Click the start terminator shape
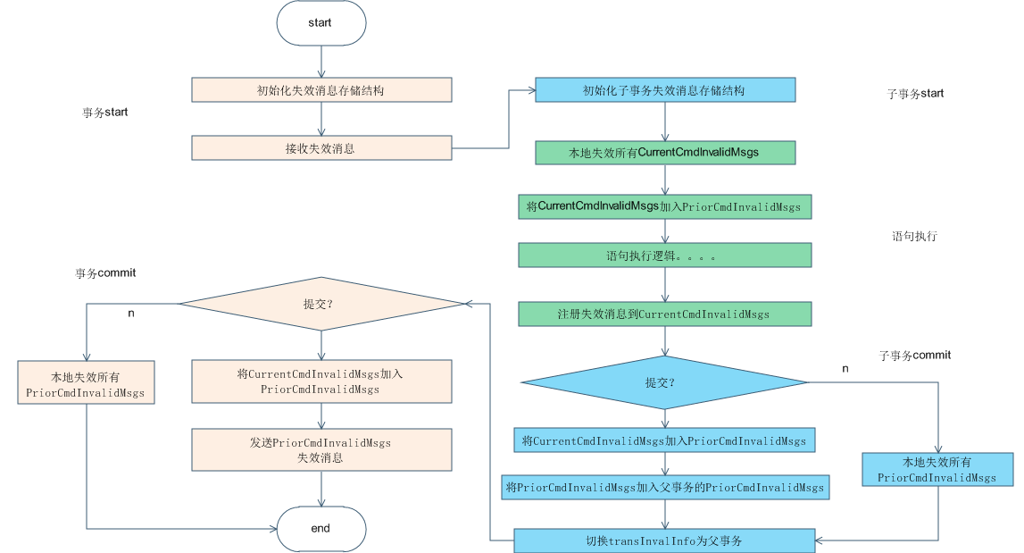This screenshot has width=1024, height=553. (x=321, y=23)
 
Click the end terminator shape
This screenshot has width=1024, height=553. (x=321, y=528)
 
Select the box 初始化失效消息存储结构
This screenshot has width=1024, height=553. (x=321, y=89)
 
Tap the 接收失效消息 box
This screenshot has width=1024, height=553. (x=321, y=148)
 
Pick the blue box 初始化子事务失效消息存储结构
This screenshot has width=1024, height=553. (x=664, y=90)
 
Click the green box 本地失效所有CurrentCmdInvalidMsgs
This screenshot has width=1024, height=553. (x=664, y=152)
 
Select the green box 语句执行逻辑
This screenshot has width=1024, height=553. (x=664, y=256)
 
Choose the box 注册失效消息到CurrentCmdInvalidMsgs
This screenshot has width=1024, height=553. (x=664, y=314)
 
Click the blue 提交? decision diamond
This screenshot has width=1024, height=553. (x=664, y=382)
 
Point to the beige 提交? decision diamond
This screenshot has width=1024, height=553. (x=321, y=304)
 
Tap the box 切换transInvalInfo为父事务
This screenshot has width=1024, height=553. (x=664, y=540)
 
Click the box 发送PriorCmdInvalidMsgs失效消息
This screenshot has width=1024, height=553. (x=321, y=449)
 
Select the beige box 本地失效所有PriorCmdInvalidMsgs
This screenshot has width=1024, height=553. (x=86, y=381)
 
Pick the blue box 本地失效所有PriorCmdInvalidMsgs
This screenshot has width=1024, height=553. (x=937, y=470)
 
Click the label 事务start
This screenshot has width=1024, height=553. (x=104, y=113)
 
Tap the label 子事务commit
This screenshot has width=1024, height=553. (x=915, y=355)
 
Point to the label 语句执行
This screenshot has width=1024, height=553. (x=914, y=237)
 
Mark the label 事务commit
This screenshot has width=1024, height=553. (x=105, y=272)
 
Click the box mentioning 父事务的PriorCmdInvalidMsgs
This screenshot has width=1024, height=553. (x=664, y=487)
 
